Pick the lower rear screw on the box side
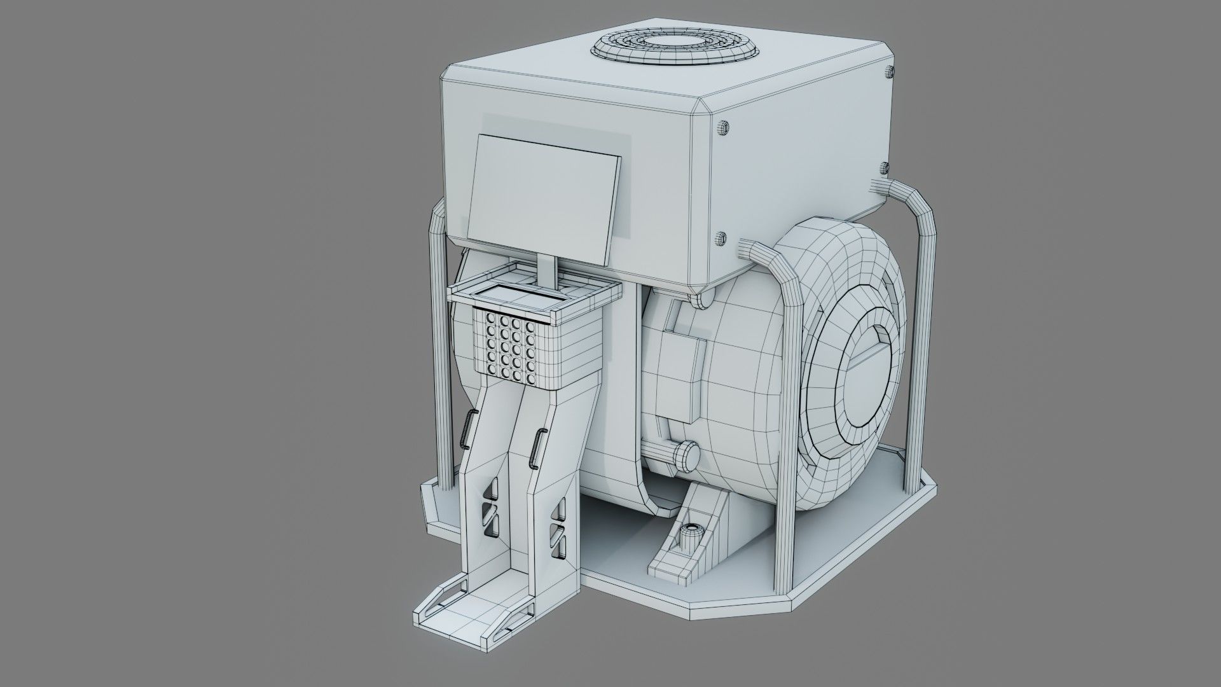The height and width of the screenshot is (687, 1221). [x=884, y=167]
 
